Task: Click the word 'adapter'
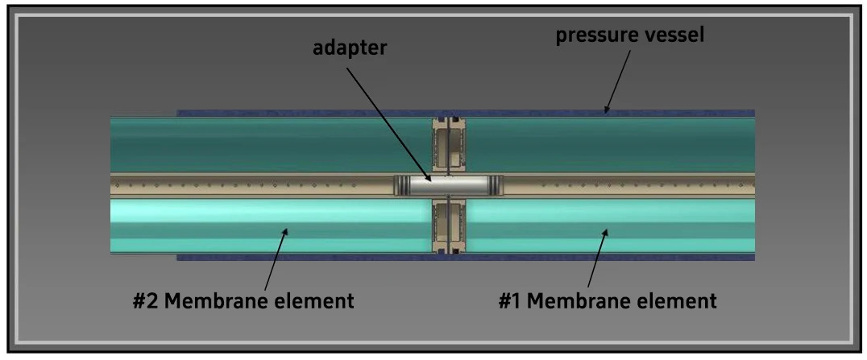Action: pos(350,48)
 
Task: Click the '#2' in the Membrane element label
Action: pos(147,302)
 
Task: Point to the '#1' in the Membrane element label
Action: pos(509,302)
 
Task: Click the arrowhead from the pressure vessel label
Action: pos(606,110)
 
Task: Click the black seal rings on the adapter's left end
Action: pos(401,185)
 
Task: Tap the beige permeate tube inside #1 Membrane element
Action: pos(628,185)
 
